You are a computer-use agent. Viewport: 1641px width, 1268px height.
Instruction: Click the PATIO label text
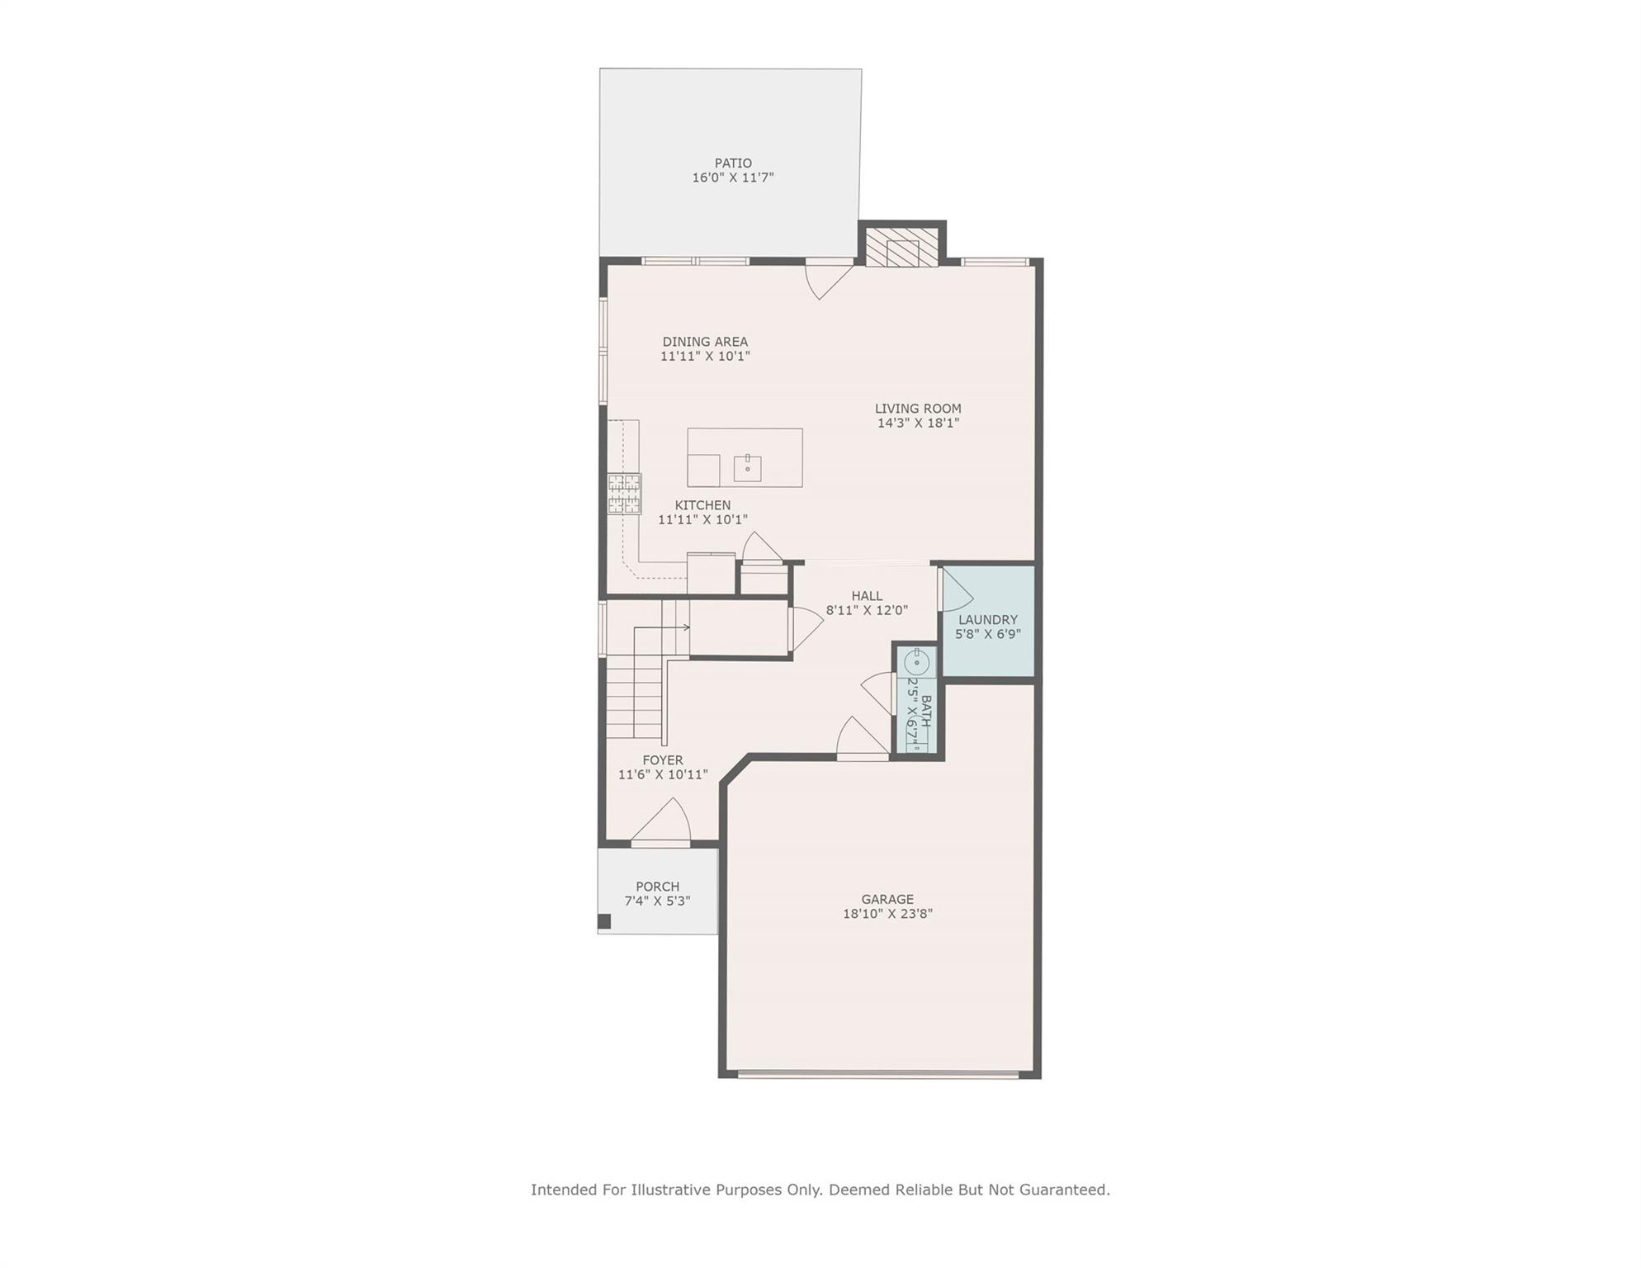(x=733, y=163)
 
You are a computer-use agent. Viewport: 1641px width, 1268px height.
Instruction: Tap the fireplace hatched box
(x=902, y=248)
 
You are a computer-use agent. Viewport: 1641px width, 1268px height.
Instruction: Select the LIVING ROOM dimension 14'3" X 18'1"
(x=918, y=423)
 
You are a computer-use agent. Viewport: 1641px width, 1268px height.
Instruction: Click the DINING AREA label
(x=705, y=342)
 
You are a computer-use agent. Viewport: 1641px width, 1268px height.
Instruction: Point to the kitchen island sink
(x=747, y=468)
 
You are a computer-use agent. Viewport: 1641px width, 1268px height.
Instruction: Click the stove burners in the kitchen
(x=624, y=494)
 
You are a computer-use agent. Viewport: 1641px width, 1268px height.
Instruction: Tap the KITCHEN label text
(x=702, y=505)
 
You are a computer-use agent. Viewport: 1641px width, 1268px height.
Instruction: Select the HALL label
(x=867, y=596)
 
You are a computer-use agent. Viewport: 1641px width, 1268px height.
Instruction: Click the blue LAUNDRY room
(x=988, y=652)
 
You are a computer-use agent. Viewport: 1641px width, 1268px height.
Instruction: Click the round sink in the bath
(x=916, y=662)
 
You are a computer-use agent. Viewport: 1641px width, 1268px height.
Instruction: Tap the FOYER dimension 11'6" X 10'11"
(x=663, y=775)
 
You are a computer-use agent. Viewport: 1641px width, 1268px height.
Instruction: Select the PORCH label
(x=657, y=887)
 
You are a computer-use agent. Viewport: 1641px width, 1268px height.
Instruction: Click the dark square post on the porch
(x=604, y=921)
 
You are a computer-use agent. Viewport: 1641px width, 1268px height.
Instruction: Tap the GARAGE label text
(x=887, y=899)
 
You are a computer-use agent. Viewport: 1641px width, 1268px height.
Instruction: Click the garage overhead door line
(x=878, y=1075)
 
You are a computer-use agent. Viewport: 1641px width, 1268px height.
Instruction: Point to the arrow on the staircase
(x=684, y=627)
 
